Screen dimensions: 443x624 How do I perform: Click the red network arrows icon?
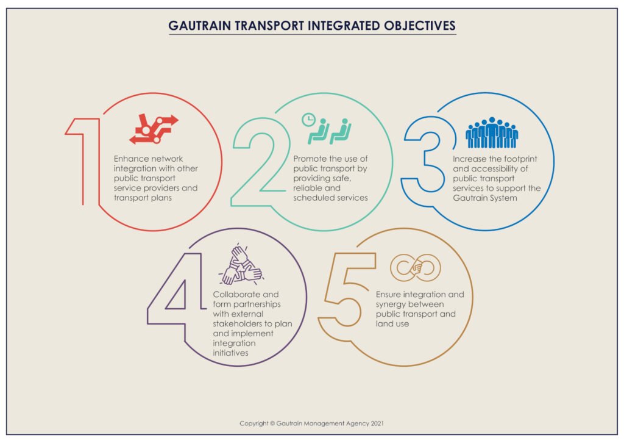(x=154, y=128)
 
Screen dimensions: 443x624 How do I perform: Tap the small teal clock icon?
(x=308, y=119)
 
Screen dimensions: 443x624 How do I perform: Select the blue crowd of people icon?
(x=492, y=133)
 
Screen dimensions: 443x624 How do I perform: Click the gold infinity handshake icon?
(x=416, y=267)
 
